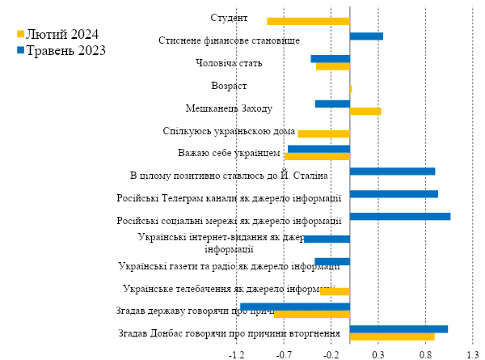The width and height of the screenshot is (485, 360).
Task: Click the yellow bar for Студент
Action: [x=308, y=21]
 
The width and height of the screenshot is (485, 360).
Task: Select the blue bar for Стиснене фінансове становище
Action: [x=366, y=36]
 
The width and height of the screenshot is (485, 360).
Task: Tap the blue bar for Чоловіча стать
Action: [x=330, y=58]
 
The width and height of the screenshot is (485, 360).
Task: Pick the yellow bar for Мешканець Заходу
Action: [x=365, y=111]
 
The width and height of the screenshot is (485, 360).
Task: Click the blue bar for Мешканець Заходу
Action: [x=332, y=104]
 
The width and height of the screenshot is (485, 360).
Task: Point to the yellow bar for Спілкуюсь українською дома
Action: [x=323, y=133]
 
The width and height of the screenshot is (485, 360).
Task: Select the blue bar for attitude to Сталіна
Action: [x=392, y=172]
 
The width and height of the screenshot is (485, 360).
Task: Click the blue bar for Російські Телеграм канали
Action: [x=394, y=194]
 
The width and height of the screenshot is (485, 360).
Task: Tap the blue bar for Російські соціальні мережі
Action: [x=399, y=216]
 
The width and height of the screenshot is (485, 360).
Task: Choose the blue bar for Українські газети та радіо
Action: [x=332, y=261]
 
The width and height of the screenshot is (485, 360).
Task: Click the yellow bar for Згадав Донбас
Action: [x=392, y=337]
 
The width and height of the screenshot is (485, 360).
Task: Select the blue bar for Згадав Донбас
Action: [x=399, y=328]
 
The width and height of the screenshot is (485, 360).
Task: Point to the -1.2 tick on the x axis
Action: [x=237, y=354]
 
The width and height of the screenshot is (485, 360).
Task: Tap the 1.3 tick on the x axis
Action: [x=472, y=354]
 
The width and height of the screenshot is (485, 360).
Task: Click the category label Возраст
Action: [x=229, y=86]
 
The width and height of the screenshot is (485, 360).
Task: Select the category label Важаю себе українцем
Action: [x=229, y=153]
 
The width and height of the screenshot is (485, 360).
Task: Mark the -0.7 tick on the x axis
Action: [x=284, y=354]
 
